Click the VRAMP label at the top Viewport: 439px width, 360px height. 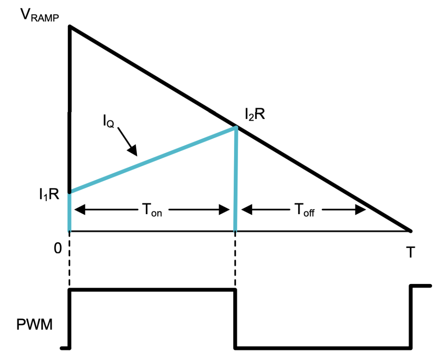tap(39, 15)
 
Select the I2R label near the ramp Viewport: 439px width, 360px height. tap(254, 114)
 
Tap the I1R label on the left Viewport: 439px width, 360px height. tap(49, 194)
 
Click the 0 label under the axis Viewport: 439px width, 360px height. tap(58, 248)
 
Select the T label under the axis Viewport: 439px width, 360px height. tap(410, 252)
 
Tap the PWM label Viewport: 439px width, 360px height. tap(35, 325)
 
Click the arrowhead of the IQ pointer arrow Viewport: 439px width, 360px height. tap(133, 151)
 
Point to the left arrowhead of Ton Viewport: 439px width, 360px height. tap(80, 209)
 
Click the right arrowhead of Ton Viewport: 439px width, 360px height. tap(224, 209)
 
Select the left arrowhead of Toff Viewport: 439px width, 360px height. tap(246, 209)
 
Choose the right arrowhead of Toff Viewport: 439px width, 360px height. tap(361, 209)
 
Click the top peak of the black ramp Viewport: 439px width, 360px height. tap(70, 26)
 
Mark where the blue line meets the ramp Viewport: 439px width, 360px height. tap(237, 127)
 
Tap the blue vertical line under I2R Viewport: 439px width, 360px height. tap(236, 179)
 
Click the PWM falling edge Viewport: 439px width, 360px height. tap(235, 319)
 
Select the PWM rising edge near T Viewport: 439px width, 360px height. tap(411, 317)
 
